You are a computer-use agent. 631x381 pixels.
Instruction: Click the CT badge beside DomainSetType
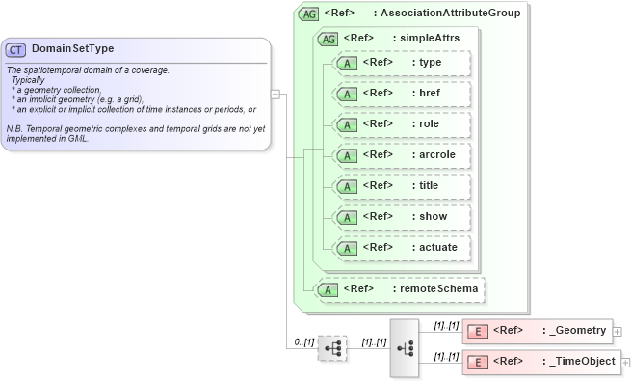[16, 49]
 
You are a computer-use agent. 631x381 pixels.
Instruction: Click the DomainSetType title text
[72, 49]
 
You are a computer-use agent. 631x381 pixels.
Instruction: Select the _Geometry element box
[537, 331]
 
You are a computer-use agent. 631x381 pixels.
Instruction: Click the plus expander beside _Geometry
[618, 332]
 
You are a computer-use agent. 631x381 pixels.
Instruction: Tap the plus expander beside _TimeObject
[625, 363]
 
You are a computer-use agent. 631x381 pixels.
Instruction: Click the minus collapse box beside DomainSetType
[276, 95]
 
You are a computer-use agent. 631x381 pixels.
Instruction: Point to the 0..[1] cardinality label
[304, 342]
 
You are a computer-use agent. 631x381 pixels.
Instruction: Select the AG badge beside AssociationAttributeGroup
[308, 14]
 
